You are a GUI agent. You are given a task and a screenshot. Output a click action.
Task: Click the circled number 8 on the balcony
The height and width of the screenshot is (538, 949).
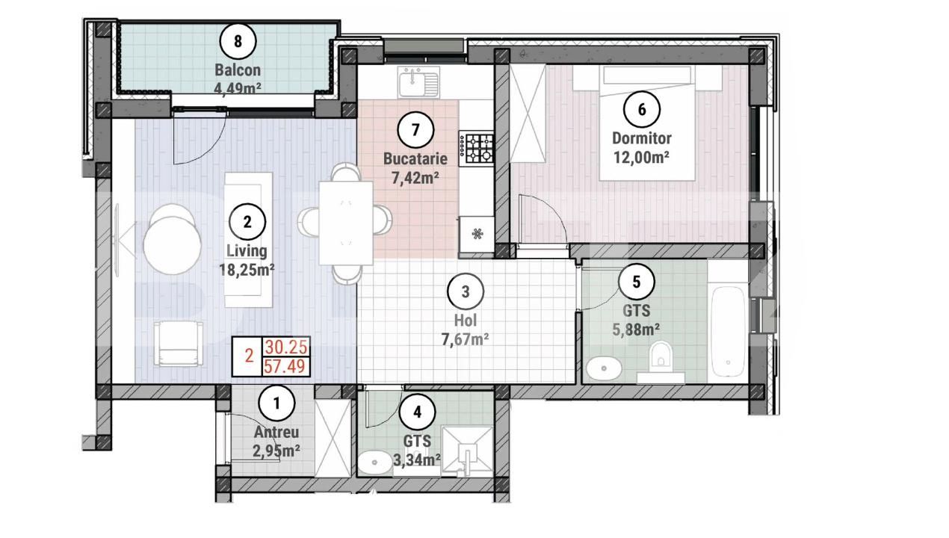[238, 41]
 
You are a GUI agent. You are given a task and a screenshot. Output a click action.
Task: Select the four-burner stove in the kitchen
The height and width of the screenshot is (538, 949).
[477, 148]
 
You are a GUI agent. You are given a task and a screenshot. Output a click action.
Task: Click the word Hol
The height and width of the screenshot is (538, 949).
[466, 323]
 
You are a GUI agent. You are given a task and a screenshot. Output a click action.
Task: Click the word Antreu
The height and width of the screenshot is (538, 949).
[276, 432]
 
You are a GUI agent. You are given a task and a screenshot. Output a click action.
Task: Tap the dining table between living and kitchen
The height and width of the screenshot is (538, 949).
[345, 222]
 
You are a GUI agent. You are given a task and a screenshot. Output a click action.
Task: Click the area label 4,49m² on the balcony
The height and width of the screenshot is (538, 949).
[238, 87]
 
